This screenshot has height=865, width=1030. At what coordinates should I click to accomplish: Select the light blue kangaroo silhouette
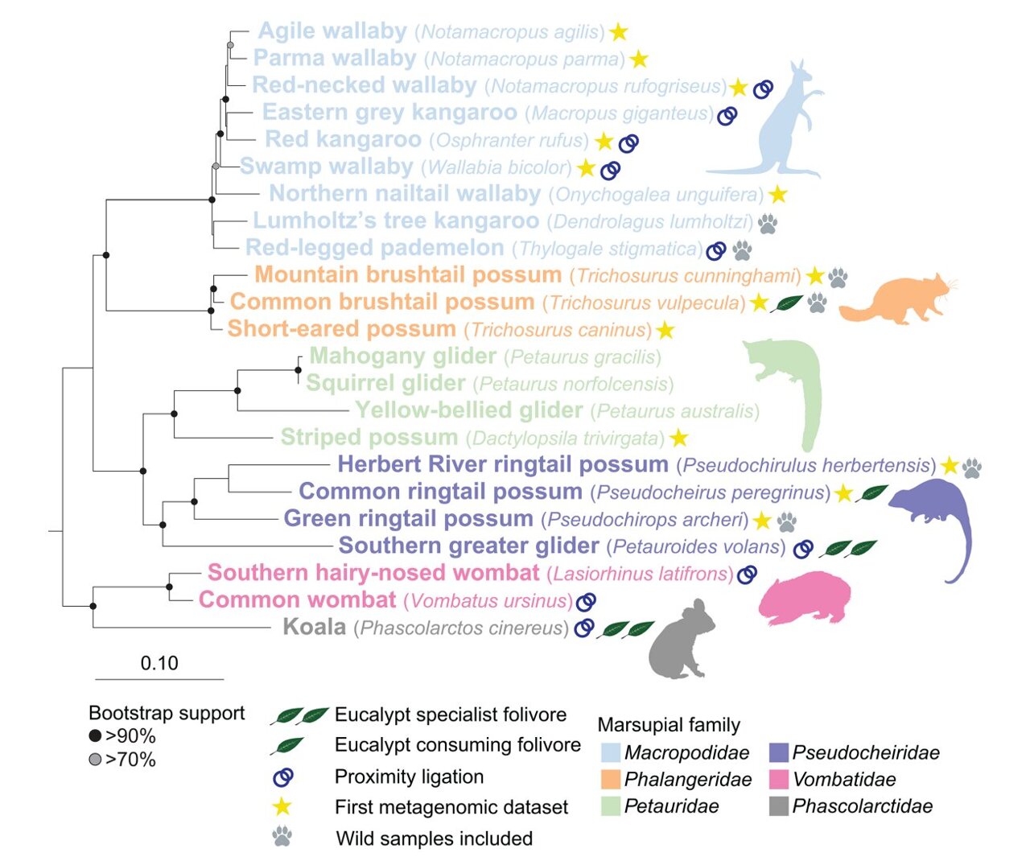pos(777,129)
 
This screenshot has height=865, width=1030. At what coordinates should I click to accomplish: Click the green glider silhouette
pos(793,382)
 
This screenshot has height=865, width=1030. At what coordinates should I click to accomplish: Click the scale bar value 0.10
pos(159,663)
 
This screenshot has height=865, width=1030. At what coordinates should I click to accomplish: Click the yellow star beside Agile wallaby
pos(618,32)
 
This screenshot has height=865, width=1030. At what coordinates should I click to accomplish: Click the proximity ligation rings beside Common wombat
pos(587,601)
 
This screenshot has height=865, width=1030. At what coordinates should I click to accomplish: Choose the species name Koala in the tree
pos(314,627)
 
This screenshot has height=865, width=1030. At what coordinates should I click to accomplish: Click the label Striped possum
pos(369,438)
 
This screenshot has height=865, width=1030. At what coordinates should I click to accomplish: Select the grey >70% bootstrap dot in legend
pos(95,760)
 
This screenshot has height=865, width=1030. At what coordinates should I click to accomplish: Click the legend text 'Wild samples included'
pos(434,838)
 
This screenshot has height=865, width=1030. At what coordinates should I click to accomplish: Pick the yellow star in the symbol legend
pos(282,807)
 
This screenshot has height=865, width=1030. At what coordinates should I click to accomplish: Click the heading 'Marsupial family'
pos(668,725)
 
